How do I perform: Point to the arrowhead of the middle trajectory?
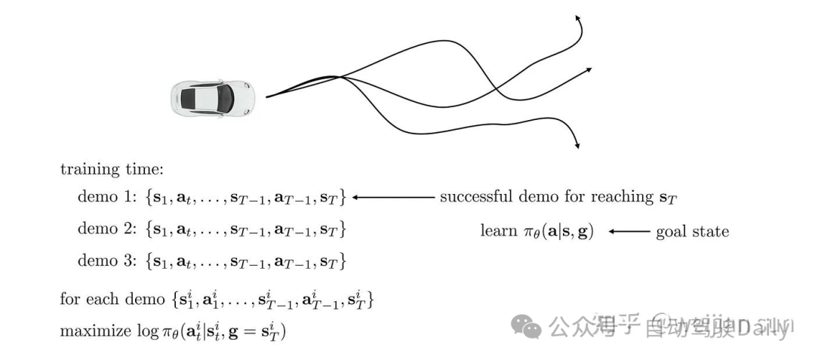coord(588,70)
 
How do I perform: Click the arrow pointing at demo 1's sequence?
coord(392,198)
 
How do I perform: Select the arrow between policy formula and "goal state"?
coord(629,231)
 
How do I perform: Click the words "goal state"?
coord(694,231)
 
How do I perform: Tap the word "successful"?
coord(475,197)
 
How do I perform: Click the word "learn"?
coord(498,230)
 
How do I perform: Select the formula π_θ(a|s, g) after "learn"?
coord(559,231)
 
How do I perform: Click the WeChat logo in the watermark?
coord(527,326)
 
